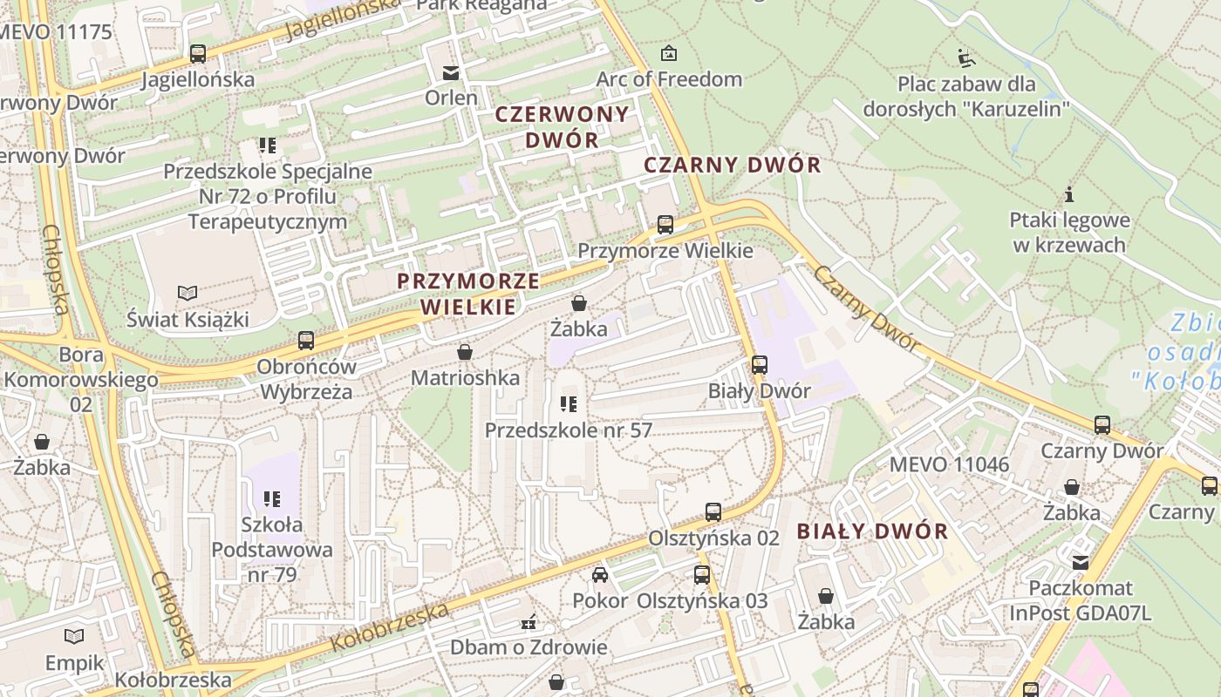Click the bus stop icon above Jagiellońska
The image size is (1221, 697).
pos(198,54)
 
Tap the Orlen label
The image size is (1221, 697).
pos(451,98)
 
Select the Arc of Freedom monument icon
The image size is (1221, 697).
pos(669,53)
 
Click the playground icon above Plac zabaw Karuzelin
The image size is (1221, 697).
pos(965,58)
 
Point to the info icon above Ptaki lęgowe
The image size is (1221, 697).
pos(1069,194)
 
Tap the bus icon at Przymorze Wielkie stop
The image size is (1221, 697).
pos(665,225)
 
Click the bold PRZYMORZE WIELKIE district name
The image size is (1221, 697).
pos(467,294)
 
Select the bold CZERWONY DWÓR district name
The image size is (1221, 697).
pos(562,126)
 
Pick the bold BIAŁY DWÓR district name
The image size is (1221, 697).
pos(872,531)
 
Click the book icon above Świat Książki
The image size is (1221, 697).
pos(188,293)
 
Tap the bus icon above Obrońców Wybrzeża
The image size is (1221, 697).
pos(305,341)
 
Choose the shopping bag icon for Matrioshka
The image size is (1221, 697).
pos(465,352)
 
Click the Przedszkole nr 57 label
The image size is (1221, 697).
pos(568,430)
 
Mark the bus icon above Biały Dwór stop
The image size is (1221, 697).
pos(760,365)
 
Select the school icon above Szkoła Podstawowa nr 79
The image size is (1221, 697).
pos(271,499)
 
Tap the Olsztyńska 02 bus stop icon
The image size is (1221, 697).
pos(713,512)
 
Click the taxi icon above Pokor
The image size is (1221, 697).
pos(600,574)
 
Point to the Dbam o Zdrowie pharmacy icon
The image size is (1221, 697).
pos(528,622)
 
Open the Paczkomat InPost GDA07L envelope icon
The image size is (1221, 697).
pos(1081,563)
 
